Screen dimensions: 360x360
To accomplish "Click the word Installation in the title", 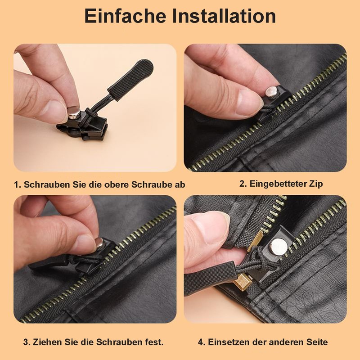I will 224,16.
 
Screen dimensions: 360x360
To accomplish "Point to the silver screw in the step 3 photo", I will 99,243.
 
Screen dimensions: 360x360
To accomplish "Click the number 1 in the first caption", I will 16,185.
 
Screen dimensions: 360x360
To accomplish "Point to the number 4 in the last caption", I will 200,342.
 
